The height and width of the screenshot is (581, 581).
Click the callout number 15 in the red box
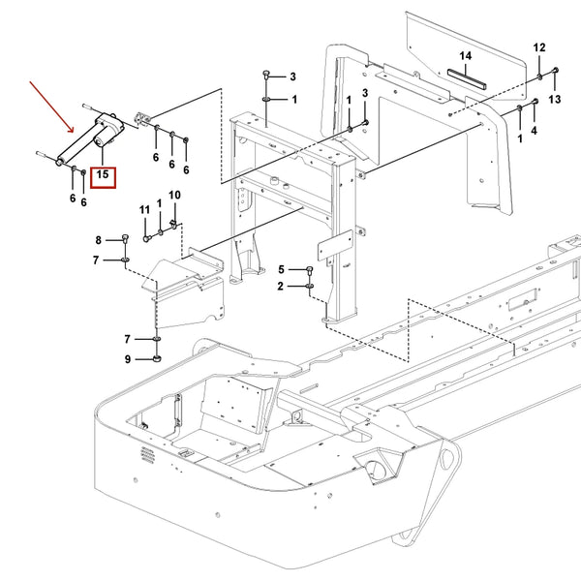tap(102, 178)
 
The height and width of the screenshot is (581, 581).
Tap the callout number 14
tap(465, 56)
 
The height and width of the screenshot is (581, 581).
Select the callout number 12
tap(539, 47)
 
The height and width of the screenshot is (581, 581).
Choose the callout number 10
tap(174, 197)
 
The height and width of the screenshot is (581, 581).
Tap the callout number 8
tap(98, 240)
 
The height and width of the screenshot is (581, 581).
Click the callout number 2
tap(281, 287)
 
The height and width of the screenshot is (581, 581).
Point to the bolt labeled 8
tap(125, 240)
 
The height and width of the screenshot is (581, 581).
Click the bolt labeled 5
tap(309, 270)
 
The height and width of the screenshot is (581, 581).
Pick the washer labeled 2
tap(309, 287)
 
